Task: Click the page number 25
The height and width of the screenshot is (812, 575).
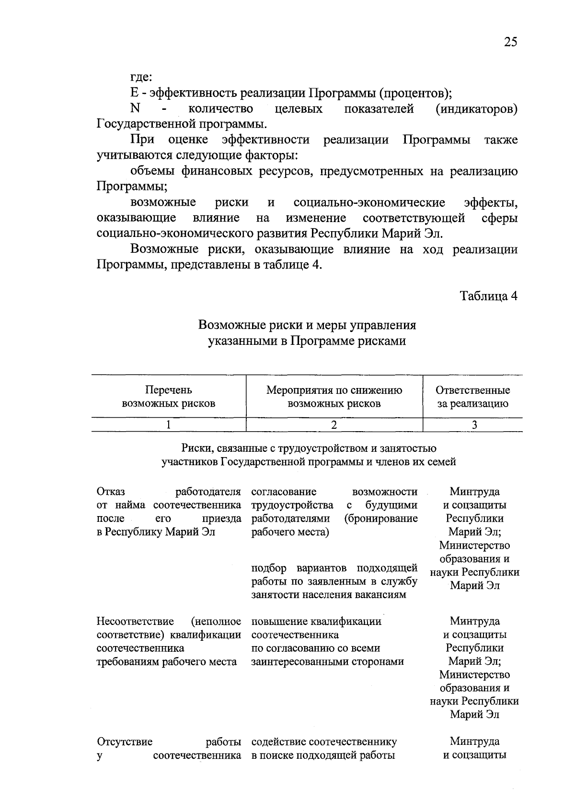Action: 510,42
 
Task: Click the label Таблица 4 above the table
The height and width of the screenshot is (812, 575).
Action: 489,296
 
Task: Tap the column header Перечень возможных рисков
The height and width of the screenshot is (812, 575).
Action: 168,397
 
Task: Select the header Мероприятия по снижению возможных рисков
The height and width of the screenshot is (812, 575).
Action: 334,397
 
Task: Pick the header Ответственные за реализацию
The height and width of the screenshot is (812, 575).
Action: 472,397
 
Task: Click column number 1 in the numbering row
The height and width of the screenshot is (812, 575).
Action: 168,424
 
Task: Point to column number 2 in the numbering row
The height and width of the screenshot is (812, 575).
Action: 334,424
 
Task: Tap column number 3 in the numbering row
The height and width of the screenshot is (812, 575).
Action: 474,424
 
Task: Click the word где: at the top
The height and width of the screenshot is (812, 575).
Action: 141,77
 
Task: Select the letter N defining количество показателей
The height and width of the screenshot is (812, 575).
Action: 135,109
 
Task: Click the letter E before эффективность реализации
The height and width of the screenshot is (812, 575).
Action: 134,93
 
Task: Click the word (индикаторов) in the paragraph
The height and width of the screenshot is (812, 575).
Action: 476,109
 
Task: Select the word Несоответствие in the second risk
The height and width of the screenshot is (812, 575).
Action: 135,621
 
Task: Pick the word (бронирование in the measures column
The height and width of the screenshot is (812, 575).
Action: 380,518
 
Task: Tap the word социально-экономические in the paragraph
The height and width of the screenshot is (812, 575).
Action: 369,203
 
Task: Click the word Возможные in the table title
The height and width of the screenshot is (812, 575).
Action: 225,325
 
